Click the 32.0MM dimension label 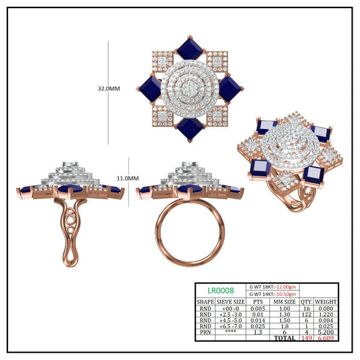point(109,88)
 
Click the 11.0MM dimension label point(128,178)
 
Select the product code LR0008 point(221,290)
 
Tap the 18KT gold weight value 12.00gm point(286,287)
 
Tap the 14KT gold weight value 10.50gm point(286,294)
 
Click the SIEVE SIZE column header point(230,302)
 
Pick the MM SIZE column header point(284,302)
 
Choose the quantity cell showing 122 point(307,314)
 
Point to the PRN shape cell point(205,332)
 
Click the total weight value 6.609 point(326,338)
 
